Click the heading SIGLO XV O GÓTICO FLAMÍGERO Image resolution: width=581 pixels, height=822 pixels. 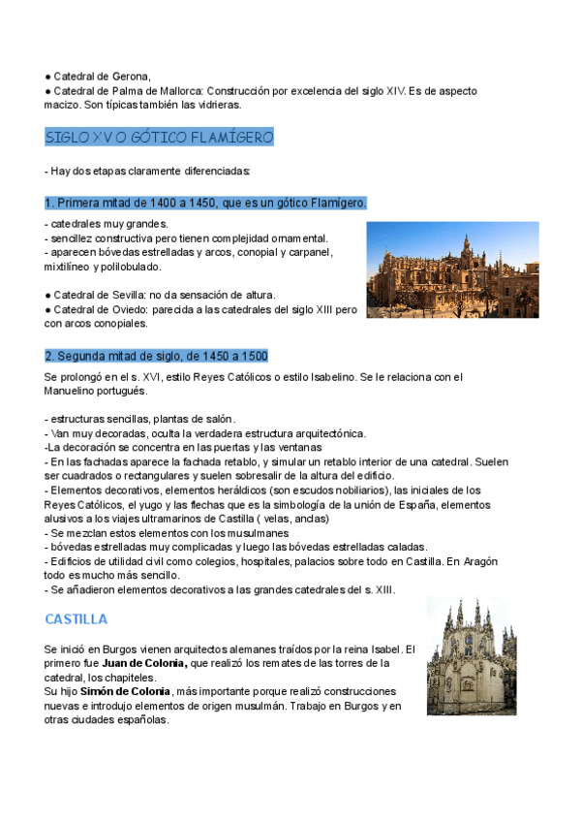pos(160,138)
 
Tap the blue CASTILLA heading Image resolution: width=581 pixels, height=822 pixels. pos(76,618)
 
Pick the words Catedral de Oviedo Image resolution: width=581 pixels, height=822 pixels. pos(99,309)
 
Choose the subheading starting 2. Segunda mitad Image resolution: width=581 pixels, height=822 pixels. pos(156,355)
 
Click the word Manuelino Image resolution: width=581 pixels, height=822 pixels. pos(71,391)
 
